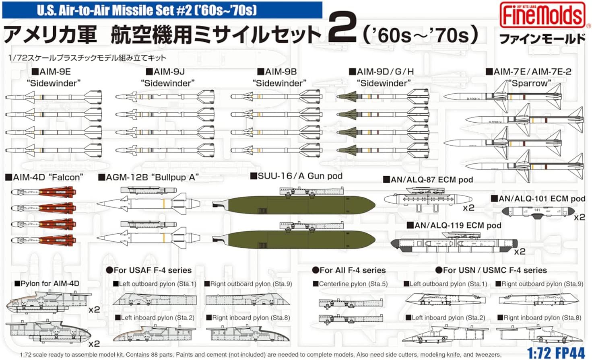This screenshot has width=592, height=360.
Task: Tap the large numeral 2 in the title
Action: (x=342, y=27)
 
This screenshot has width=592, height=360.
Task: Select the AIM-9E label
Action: (x=51, y=72)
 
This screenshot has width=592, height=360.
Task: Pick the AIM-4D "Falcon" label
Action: (x=44, y=177)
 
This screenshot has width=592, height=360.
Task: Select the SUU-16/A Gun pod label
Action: (x=296, y=176)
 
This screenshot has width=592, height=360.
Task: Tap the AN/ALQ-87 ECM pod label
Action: (x=428, y=180)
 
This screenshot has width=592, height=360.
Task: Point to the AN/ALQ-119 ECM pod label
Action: (x=454, y=226)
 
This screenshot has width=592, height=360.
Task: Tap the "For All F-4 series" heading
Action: (x=349, y=270)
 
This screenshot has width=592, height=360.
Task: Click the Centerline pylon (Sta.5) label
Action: (x=350, y=284)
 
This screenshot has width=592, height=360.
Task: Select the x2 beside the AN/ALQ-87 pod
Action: (x=468, y=208)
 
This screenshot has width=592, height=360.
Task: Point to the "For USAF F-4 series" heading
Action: (x=149, y=270)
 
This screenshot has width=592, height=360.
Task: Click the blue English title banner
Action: (x=162, y=10)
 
